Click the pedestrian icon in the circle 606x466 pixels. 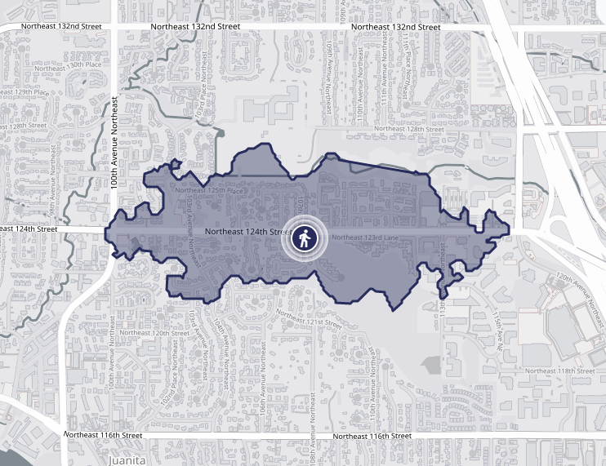coord(304,238)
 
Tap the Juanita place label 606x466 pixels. coord(127,460)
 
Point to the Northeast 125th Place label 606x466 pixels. coord(209,190)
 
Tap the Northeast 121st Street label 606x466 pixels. coord(311,320)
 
